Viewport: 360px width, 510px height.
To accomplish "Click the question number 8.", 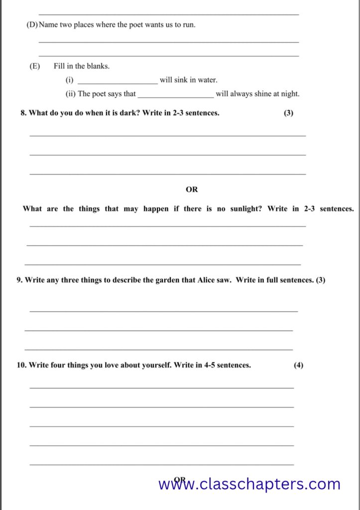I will [23, 113].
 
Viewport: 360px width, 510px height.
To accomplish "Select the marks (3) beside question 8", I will [288, 113].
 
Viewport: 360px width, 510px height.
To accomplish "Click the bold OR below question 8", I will [192, 189].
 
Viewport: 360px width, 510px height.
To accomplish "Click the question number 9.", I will [19, 280].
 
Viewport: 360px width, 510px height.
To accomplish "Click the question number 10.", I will [21, 365].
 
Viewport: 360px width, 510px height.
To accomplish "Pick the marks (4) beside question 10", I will [298, 365].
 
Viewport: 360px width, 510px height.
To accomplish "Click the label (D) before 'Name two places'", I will [32, 24].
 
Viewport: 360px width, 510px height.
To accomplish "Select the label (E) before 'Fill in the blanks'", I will [34, 66].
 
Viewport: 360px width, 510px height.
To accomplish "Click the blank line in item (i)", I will [118, 81].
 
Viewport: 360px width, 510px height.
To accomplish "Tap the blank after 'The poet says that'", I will [176, 95].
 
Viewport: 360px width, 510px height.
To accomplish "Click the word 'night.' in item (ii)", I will [289, 94].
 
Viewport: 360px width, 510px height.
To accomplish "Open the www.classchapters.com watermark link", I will [249, 484].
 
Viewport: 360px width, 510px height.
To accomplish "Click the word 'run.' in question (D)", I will [189, 24].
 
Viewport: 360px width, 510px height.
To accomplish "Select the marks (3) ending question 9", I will [321, 280].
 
